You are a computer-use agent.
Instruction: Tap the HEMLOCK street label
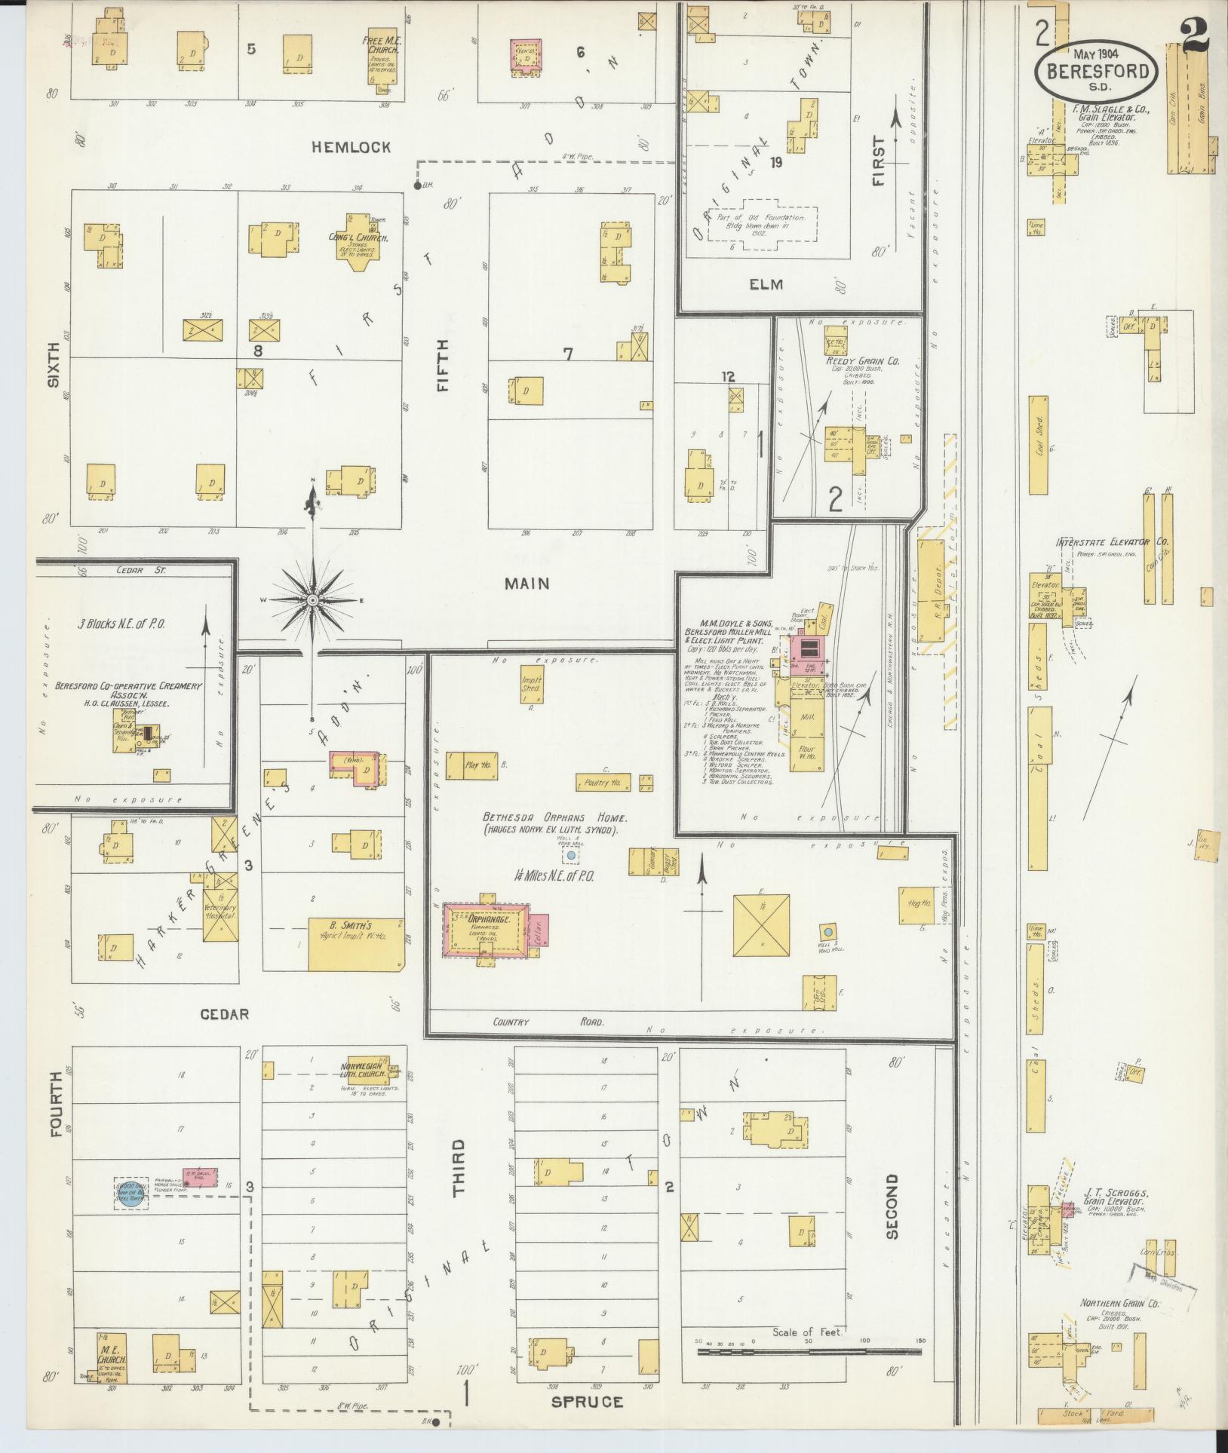coord(352,148)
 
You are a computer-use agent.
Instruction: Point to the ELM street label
coord(766,284)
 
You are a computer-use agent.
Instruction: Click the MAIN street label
coord(527,583)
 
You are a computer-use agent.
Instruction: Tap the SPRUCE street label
coord(587,1401)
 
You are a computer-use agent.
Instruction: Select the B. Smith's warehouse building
coord(355,943)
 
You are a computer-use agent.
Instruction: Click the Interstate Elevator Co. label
coord(1112,542)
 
